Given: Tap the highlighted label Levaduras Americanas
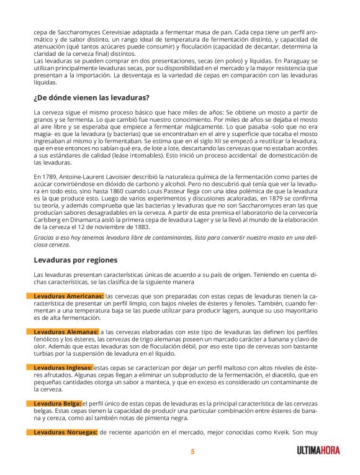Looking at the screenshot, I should pos(68,296).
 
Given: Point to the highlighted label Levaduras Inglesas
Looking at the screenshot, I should pos(62,368).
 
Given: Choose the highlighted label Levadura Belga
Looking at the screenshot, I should pos(57,403).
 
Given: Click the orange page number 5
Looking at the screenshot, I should pos(192,452).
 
